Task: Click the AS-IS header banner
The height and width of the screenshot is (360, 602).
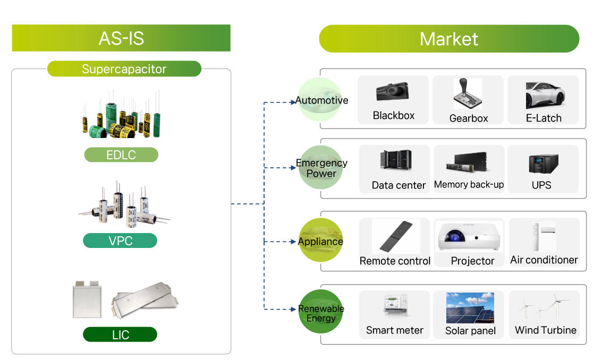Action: click(x=121, y=38)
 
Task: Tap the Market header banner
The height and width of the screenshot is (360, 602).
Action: click(x=448, y=39)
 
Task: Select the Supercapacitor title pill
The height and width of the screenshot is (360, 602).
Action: click(x=124, y=69)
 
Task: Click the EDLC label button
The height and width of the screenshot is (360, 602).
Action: click(x=121, y=155)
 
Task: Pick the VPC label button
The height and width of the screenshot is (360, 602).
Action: click(x=120, y=241)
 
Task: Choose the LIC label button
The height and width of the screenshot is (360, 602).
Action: click(x=120, y=335)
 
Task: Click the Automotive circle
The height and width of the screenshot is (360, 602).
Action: click(x=320, y=100)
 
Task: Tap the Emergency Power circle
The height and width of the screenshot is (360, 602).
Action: click(x=321, y=168)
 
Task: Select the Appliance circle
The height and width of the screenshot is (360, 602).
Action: click(x=320, y=241)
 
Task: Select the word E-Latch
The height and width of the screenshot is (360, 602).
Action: click(x=543, y=118)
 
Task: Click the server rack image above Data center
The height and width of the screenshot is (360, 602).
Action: click(x=396, y=161)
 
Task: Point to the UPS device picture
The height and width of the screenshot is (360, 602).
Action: click(x=543, y=163)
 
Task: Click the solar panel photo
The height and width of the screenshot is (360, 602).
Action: click(x=470, y=308)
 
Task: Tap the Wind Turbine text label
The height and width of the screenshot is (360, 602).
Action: click(x=545, y=330)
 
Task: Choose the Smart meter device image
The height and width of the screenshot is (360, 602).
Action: click(x=395, y=307)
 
